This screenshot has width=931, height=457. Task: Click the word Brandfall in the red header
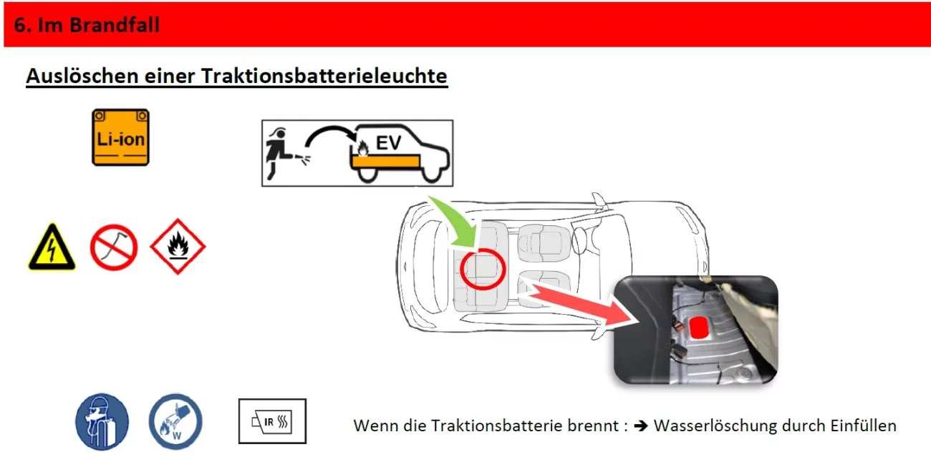point(115,25)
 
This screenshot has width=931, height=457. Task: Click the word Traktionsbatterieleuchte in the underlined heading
point(324,77)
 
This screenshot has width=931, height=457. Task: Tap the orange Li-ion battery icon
point(120,137)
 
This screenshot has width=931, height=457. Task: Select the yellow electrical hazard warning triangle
point(52,247)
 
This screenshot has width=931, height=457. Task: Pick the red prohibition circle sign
point(113,247)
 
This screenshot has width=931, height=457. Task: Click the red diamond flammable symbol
point(178,247)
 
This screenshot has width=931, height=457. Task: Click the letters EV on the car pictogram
point(388,143)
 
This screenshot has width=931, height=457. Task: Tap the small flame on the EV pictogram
point(363,148)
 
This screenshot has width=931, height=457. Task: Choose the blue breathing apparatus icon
point(102,422)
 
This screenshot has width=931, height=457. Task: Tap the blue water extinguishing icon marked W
point(175,422)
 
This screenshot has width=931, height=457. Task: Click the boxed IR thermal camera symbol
point(272,421)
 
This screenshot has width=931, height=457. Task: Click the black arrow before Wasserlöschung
point(641,426)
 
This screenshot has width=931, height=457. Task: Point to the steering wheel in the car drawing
point(579,240)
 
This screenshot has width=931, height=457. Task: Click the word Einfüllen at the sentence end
point(864,426)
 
